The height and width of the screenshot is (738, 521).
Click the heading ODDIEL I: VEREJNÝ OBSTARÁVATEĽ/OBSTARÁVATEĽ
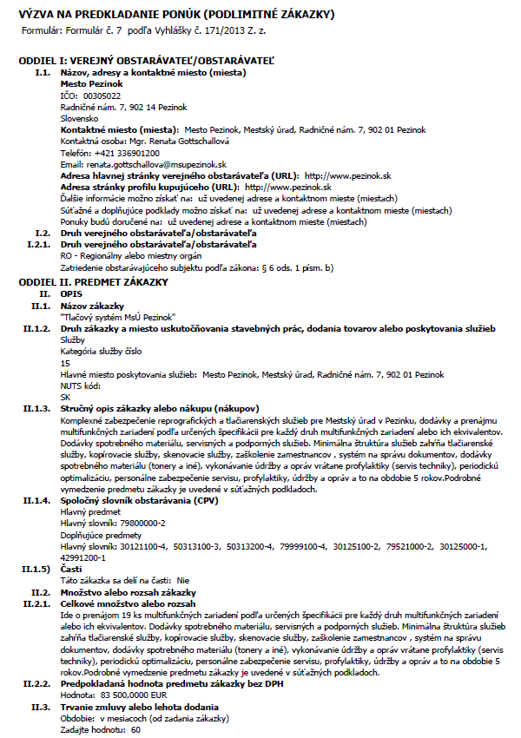[146, 62]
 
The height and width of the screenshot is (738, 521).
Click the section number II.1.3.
[39, 407]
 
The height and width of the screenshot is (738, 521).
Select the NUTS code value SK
[66, 396]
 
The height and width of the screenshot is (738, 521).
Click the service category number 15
[65, 362]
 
